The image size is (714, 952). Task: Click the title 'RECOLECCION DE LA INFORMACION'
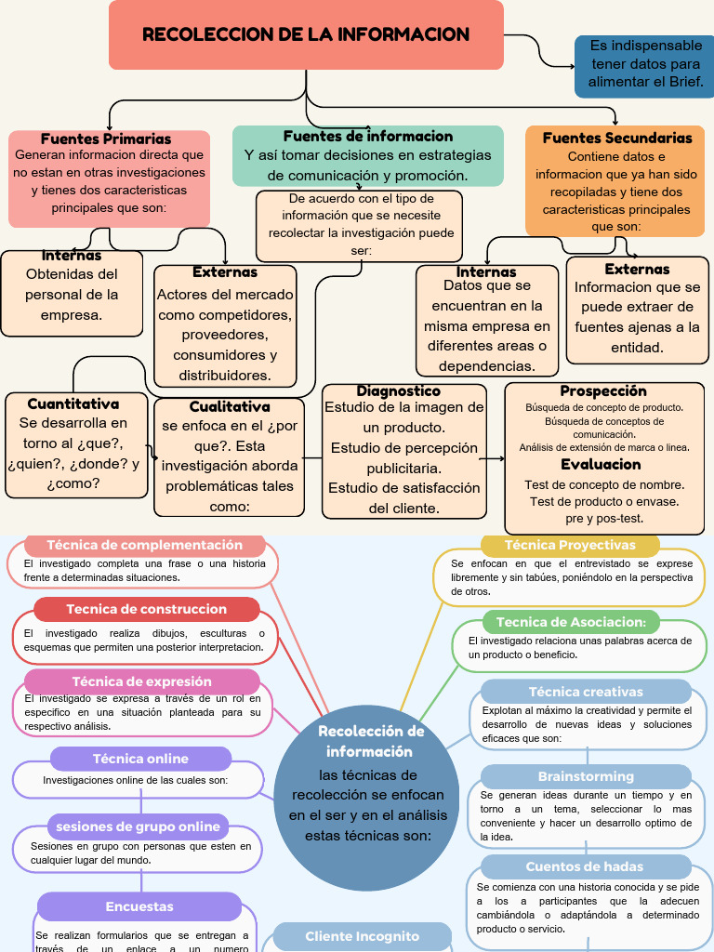[x=306, y=35]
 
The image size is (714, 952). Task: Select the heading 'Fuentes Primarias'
[x=106, y=139]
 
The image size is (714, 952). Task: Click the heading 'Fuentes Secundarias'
[x=617, y=138]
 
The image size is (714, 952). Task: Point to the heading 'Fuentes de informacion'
[x=368, y=136]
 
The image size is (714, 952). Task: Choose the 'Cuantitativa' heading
[x=73, y=403]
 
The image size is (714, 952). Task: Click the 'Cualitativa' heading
[x=230, y=406]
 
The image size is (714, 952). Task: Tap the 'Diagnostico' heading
[x=399, y=391]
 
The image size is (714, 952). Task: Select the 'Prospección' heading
[x=603, y=391]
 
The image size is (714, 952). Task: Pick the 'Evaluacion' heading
[x=601, y=464]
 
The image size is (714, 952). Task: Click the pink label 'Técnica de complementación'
[x=144, y=546]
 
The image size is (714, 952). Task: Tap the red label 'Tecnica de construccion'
[x=146, y=609]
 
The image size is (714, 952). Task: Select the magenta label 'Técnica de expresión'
[x=141, y=681]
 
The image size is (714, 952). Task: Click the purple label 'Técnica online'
[x=140, y=759]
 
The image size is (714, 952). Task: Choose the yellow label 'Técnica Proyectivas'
[x=570, y=545]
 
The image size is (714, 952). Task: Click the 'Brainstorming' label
[x=586, y=776]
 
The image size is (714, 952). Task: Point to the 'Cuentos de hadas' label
[x=585, y=866]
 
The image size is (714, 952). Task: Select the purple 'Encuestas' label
[x=139, y=906]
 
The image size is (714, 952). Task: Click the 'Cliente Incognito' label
[x=363, y=936]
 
